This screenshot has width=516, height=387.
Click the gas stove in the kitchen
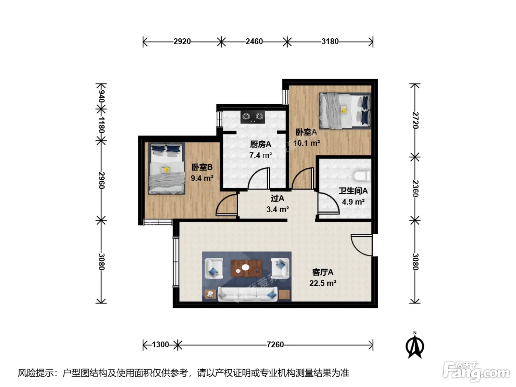252,117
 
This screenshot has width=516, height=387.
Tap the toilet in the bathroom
362,176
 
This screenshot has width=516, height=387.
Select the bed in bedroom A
345,111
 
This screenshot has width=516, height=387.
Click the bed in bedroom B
167,168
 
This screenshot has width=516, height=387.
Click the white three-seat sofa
248,294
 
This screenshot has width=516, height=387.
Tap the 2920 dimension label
182,42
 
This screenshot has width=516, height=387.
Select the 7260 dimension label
275,345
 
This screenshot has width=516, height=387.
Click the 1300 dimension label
160,345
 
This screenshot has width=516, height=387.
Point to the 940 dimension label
101,97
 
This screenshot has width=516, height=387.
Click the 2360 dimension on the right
415,188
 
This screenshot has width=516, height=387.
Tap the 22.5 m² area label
322,283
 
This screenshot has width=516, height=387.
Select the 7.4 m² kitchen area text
261,155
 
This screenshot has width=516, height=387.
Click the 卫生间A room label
353,191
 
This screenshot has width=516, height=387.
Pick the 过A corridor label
278,198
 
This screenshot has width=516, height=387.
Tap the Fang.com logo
476,372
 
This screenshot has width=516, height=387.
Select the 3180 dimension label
330,42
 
